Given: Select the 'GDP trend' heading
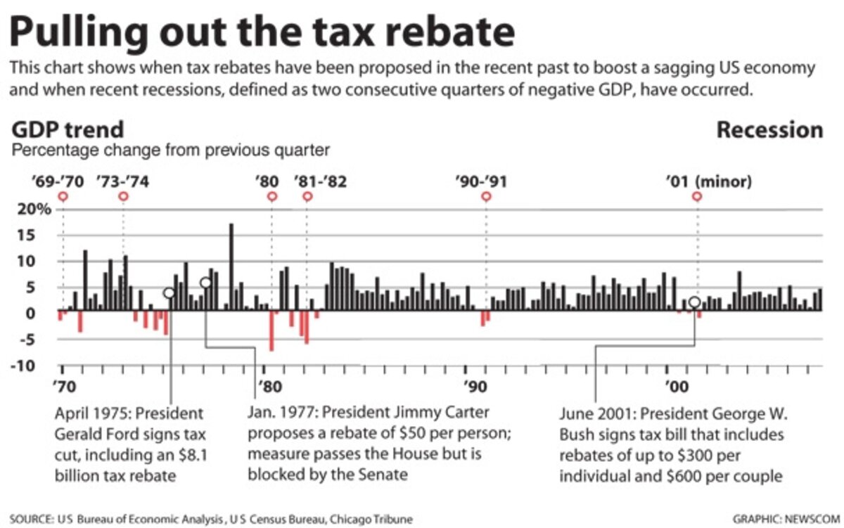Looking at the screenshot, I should [x=68, y=130].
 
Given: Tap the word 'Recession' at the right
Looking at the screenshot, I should [x=769, y=130].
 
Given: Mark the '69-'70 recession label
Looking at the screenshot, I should [x=58, y=181].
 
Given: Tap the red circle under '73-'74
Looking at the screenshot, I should [x=123, y=196].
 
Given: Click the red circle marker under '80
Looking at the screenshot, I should [x=272, y=196].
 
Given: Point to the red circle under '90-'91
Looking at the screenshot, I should [x=485, y=196].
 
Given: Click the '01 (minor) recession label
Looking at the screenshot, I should [x=708, y=181].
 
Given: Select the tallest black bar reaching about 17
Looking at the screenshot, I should [x=231, y=267].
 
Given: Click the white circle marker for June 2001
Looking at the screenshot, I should [x=695, y=302].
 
